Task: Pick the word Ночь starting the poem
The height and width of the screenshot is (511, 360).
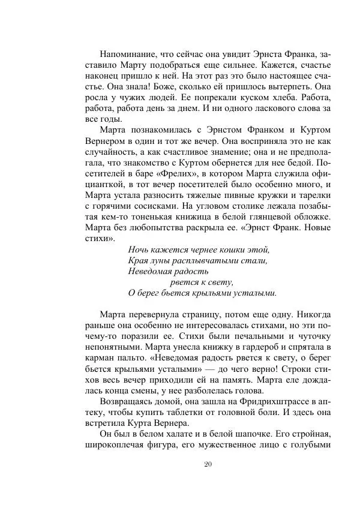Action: click(x=139, y=250)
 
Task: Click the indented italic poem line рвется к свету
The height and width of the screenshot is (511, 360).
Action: click(x=202, y=282)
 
